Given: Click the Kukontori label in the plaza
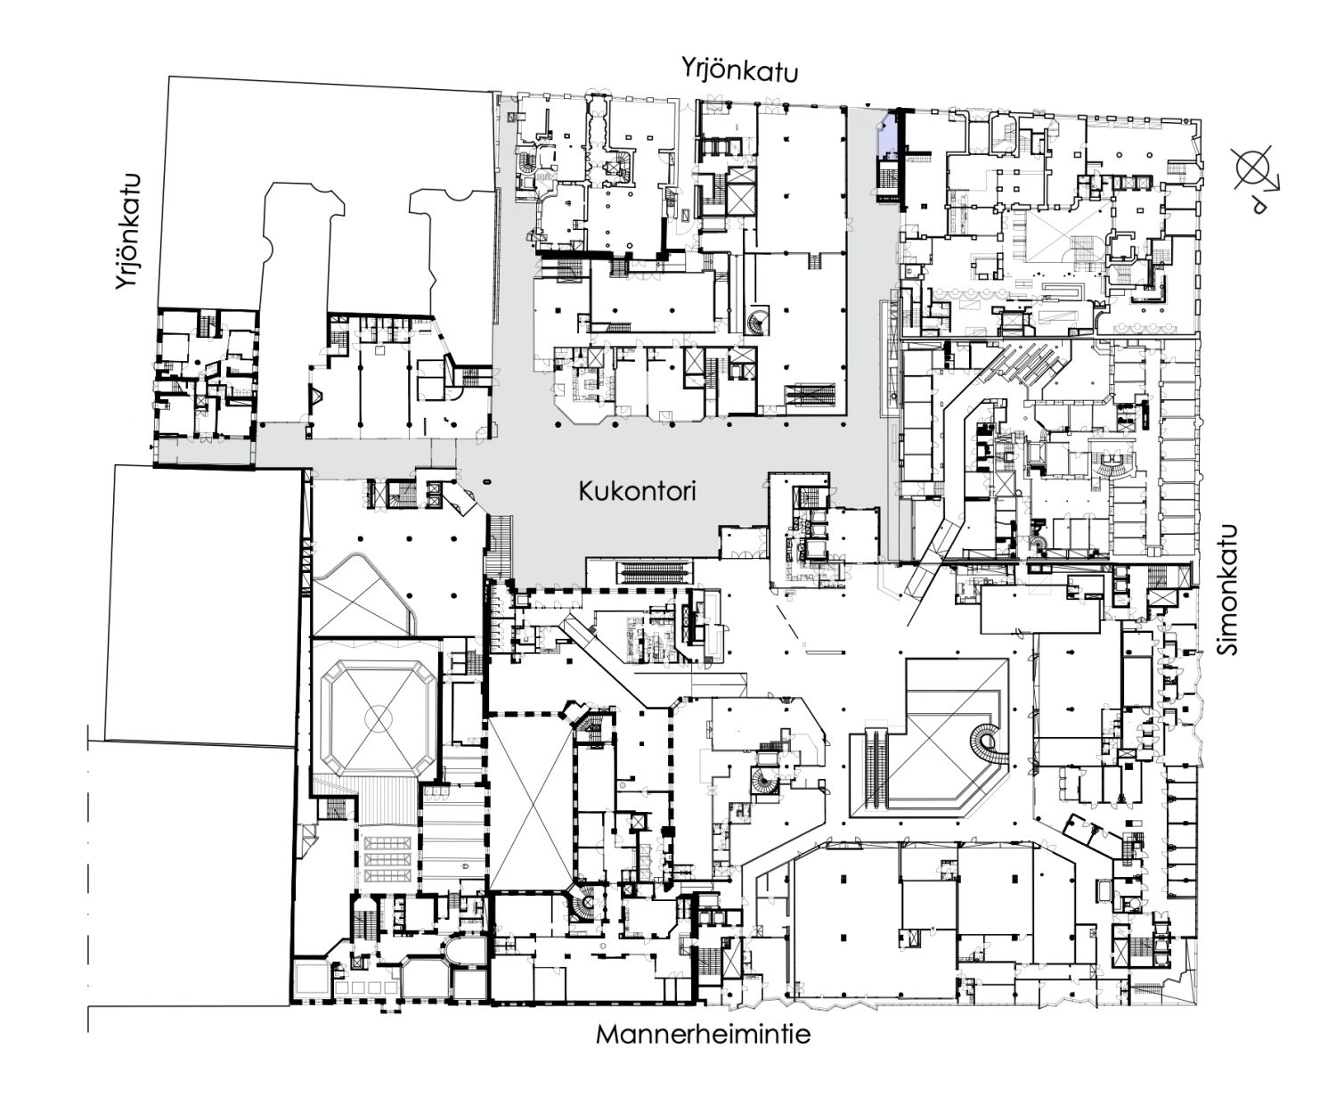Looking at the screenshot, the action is pyautogui.click(x=637, y=491).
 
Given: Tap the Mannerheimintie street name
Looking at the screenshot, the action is pyautogui.click(x=703, y=1036).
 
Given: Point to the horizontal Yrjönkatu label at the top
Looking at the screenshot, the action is pyautogui.click(x=739, y=70).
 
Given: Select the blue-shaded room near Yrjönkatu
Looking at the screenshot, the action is pyautogui.click(x=887, y=135).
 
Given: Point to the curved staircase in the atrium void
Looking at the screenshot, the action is pyautogui.click(x=986, y=743).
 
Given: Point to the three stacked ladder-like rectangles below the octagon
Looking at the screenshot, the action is pyautogui.click(x=388, y=859).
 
